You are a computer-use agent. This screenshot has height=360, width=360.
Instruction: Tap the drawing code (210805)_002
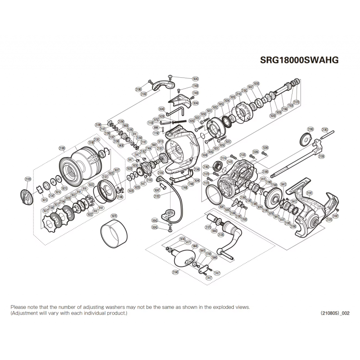coord(335,313)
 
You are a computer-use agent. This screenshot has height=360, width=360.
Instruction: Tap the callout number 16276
coord(114,216)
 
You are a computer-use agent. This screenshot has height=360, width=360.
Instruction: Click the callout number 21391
coord(309,193)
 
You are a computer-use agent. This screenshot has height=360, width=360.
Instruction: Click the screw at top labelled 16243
coord(169,77)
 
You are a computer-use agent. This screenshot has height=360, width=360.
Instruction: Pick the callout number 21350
coord(144,94)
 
